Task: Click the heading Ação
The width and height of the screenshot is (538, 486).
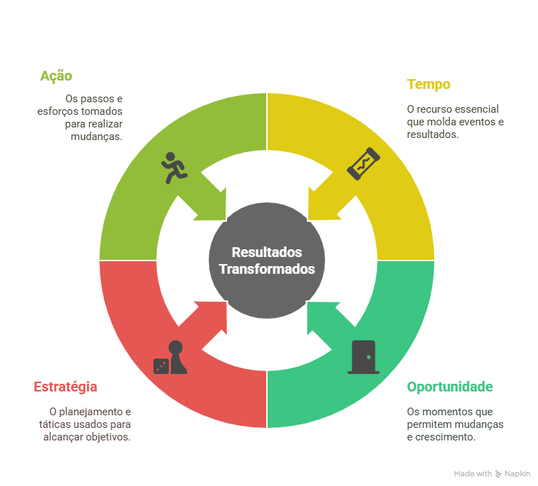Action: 56,76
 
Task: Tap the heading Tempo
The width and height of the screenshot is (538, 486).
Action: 428,85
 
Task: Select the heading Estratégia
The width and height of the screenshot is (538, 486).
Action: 65,387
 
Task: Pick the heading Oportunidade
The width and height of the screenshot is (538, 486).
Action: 450,387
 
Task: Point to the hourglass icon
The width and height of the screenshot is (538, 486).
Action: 364,164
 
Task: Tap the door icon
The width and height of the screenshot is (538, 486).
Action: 364,356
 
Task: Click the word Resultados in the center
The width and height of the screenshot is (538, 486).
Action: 266,252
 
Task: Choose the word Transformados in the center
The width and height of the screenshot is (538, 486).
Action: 266,269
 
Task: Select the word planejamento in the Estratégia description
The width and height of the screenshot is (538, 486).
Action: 85,412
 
